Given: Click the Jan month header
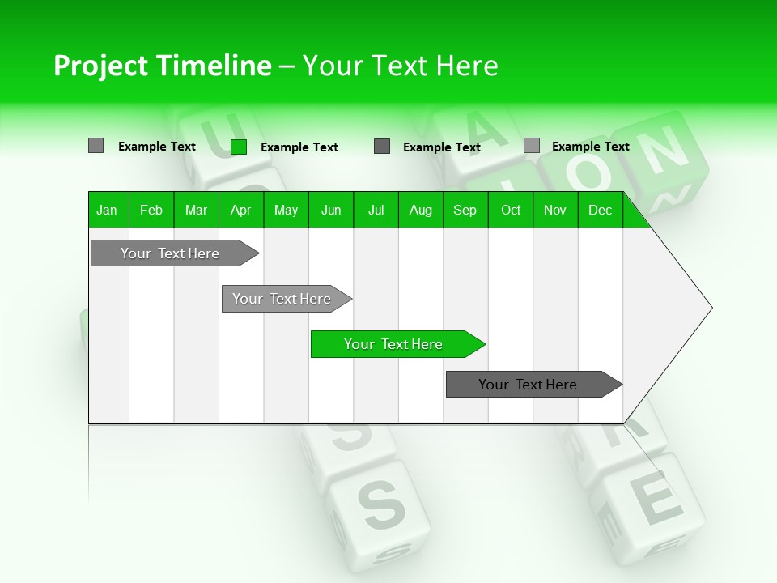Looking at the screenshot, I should tap(107, 210).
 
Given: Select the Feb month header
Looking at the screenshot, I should tap(151, 210).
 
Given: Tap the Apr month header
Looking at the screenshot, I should tap(240, 210).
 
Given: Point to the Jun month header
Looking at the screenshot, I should tap(331, 210).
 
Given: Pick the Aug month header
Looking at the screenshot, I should tap(420, 210).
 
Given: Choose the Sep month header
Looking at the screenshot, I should tap(465, 210).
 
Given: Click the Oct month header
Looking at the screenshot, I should tap(511, 210).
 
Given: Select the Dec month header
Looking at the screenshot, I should tap(600, 210).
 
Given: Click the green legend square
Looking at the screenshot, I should tap(239, 147).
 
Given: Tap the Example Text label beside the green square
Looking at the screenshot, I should tap(299, 147).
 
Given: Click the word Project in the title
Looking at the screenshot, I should tap(100, 66).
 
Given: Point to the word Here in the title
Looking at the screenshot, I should tap(467, 66).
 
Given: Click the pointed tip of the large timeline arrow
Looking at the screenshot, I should tap(710, 308).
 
